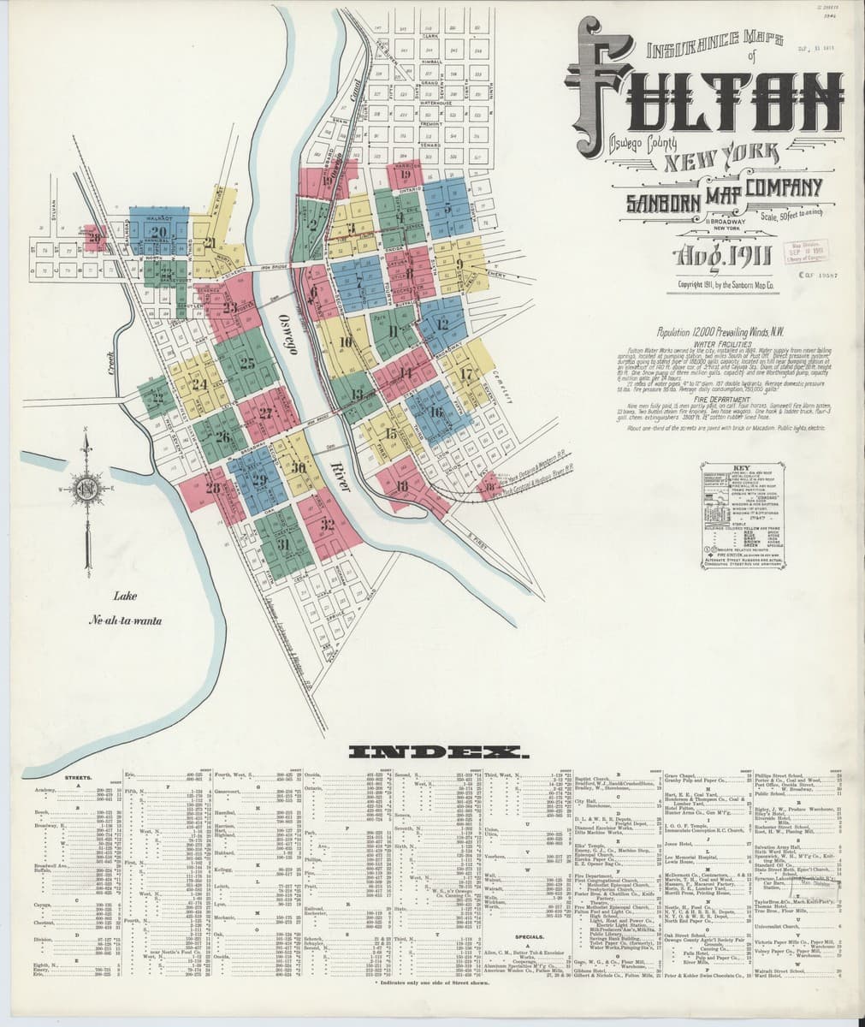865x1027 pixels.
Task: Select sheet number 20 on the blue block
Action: (x=157, y=232)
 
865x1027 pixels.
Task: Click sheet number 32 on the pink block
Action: (x=327, y=525)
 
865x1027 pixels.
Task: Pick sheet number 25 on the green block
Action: (x=247, y=362)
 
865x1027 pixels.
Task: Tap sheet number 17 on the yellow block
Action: (x=466, y=374)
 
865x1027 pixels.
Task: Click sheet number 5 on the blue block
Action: (x=447, y=208)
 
